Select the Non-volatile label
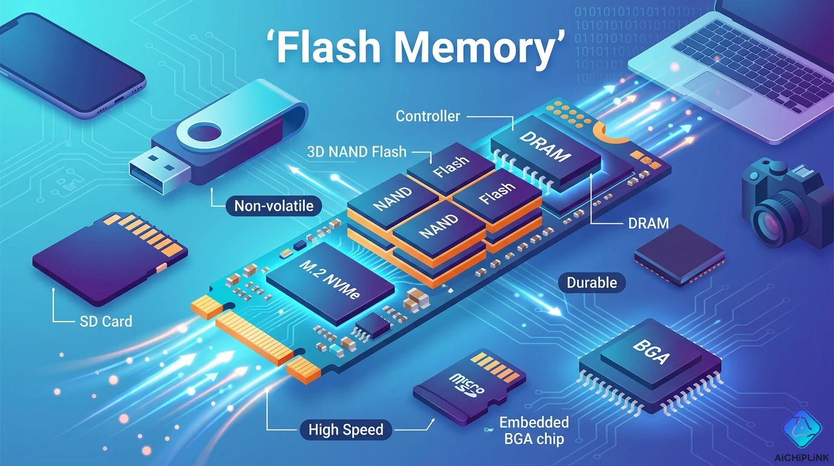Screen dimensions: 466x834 pyautogui.click(x=273, y=206)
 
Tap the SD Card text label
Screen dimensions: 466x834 pyautogui.click(x=105, y=321)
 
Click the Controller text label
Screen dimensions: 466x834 pyautogui.click(x=427, y=116)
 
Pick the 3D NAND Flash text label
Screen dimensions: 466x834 pyautogui.click(x=356, y=152)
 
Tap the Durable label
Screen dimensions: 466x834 pyautogui.click(x=592, y=282)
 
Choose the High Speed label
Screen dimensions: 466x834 pyautogui.click(x=345, y=430)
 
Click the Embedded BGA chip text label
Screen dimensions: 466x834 pyautogui.click(x=534, y=430)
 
